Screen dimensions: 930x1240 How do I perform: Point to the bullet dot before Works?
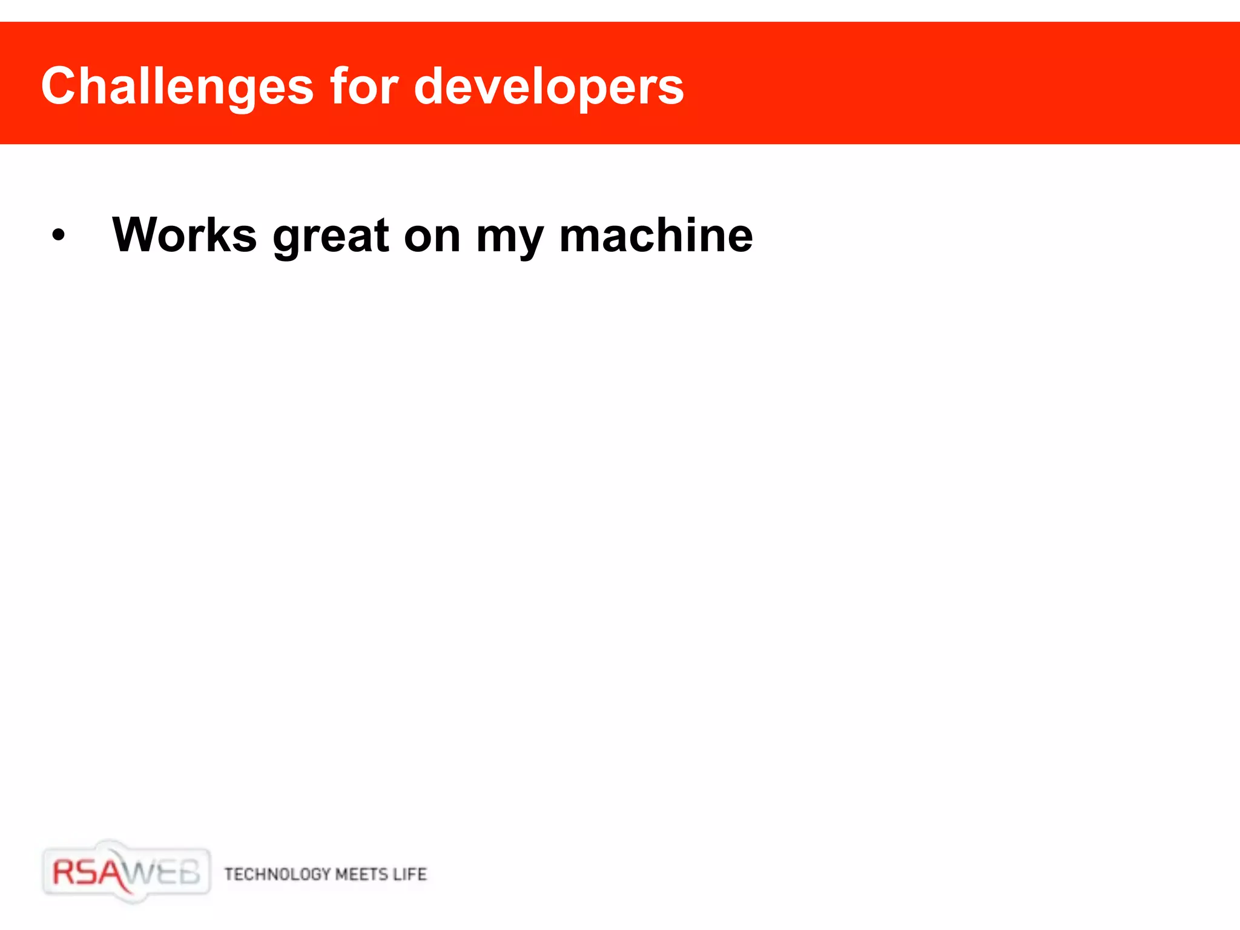58,236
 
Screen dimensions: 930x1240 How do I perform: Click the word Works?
185,235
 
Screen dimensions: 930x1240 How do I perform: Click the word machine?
656,235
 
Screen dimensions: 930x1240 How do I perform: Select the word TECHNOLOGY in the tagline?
277,874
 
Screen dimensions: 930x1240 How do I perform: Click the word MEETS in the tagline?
361,874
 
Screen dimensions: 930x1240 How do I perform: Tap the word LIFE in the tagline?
410,874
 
